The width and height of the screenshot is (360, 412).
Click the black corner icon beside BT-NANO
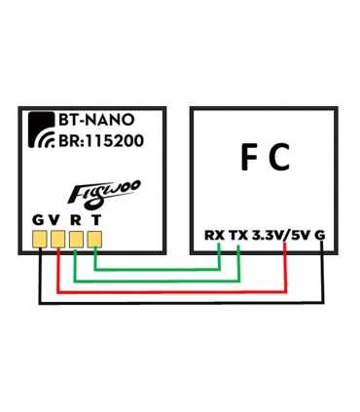pyautogui.click(x=41, y=122)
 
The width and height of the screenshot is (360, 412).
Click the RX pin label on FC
pyautogui.click(x=213, y=235)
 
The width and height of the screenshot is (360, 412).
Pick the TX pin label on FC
pyautogui.click(x=237, y=235)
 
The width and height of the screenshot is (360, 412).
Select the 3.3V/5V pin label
pyautogui.click(x=281, y=235)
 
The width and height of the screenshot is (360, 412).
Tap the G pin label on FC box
pyautogui.click(x=321, y=235)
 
